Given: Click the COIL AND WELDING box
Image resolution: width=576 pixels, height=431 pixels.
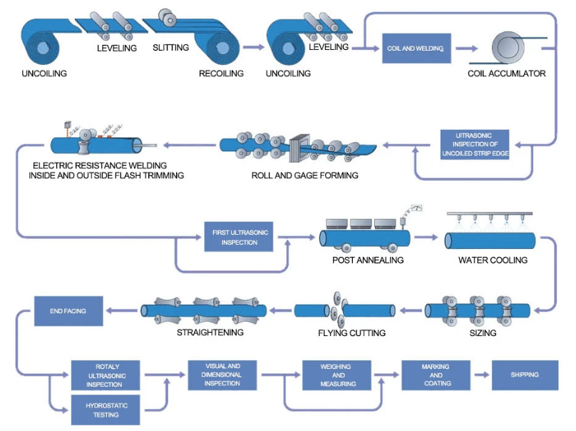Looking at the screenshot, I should pyautogui.click(x=415, y=49).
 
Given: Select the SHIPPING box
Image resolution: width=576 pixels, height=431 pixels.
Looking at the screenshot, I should pyautogui.click(x=525, y=375).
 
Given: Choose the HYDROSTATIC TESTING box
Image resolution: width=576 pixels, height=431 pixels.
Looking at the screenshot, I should pyautogui.click(x=106, y=410).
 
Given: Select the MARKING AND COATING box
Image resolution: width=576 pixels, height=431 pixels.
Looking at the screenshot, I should pyautogui.click(x=436, y=375).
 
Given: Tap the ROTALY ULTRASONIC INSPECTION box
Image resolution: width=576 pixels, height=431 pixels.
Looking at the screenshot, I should pyautogui.click(x=106, y=375).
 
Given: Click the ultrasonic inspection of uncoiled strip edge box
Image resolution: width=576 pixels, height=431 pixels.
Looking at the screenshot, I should pyautogui.click(x=473, y=144).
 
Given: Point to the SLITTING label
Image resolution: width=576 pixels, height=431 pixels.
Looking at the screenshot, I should pyautogui.click(x=170, y=48).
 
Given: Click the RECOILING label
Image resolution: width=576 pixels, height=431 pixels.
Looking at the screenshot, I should pyautogui.click(x=221, y=73).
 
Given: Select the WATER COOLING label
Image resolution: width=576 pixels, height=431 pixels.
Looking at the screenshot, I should pyautogui.click(x=493, y=260).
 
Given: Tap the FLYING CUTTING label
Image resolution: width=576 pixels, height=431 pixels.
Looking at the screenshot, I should pyautogui.click(x=351, y=333).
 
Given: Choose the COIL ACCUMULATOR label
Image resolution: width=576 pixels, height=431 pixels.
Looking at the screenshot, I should pyautogui.click(x=506, y=73).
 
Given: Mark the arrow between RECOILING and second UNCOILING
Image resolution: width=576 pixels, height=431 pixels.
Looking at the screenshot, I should pyautogui.click(x=252, y=48).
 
